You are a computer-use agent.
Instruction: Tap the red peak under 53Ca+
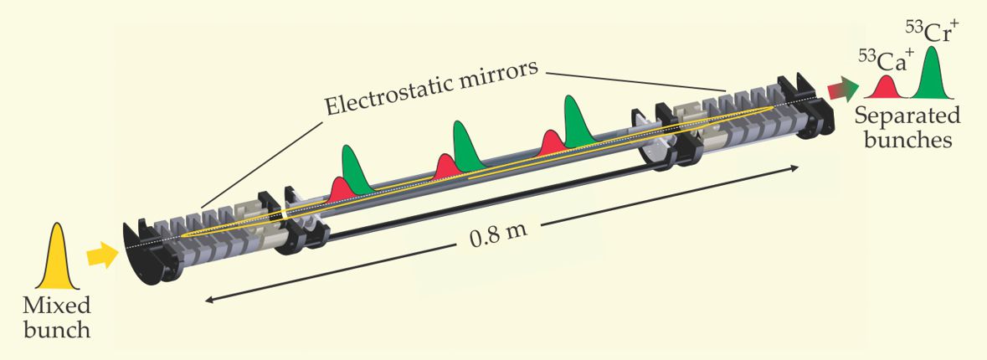coord(887,88)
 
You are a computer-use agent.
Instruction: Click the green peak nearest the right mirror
coord(576,121)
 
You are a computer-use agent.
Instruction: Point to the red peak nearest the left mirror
coord(339,190)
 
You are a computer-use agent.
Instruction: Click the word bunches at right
coord(910,139)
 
